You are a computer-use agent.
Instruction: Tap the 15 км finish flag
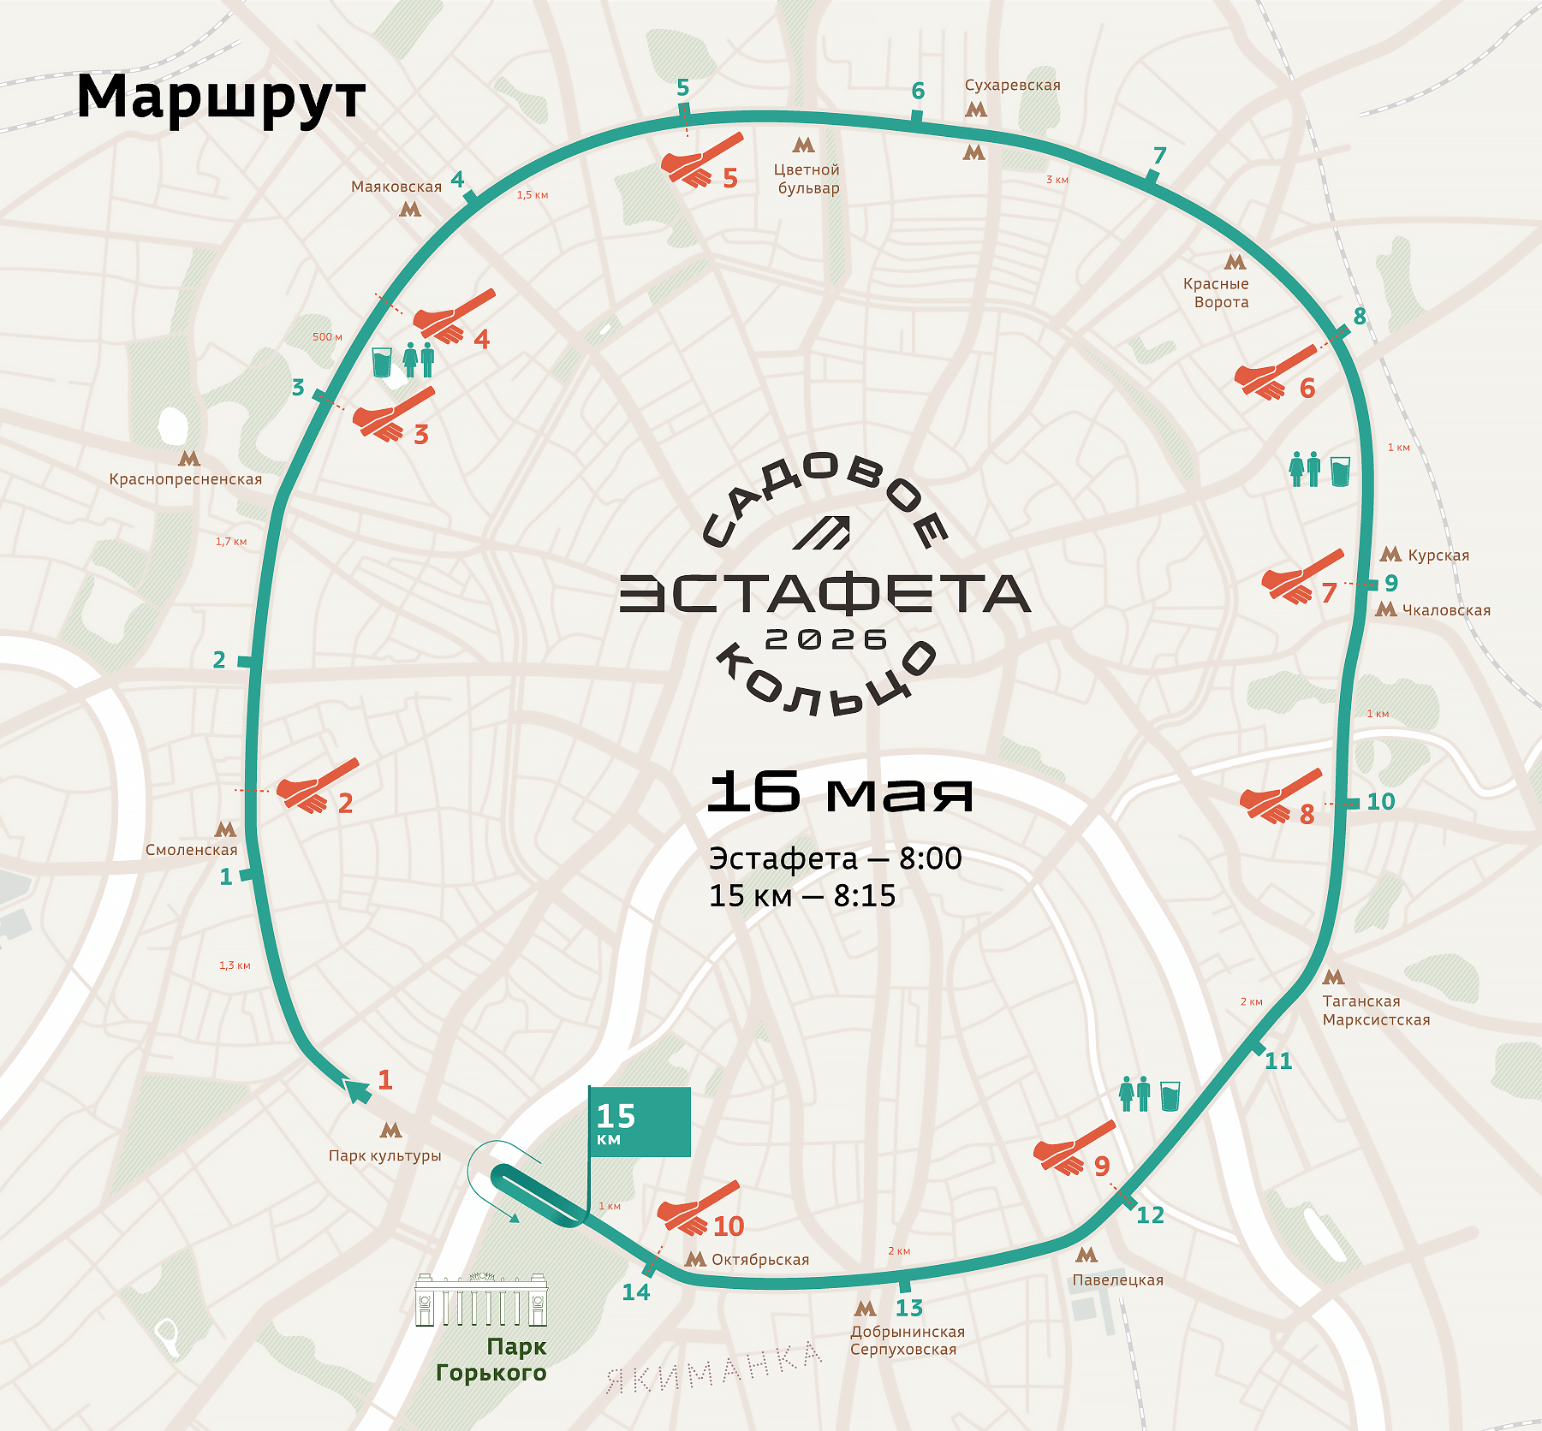(639, 1122)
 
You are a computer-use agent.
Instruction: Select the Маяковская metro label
(396, 187)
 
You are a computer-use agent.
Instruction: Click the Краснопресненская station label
(185, 479)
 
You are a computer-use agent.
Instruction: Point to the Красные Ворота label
(1216, 293)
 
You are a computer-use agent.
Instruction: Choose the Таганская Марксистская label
(1375, 1010)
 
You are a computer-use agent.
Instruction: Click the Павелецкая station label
(1117, 1280)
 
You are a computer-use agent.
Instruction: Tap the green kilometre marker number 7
(1159, 156)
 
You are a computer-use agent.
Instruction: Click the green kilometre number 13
(908, 1308)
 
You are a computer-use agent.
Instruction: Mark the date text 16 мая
(840, 792)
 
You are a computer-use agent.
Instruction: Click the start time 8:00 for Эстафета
(930, 858)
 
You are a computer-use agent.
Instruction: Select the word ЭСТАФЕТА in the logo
(825, 594)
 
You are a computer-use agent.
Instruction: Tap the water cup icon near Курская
(1340, 471)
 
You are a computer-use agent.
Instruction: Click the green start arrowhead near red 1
(357, 1090)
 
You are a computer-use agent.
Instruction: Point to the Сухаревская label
(1012, 86)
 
